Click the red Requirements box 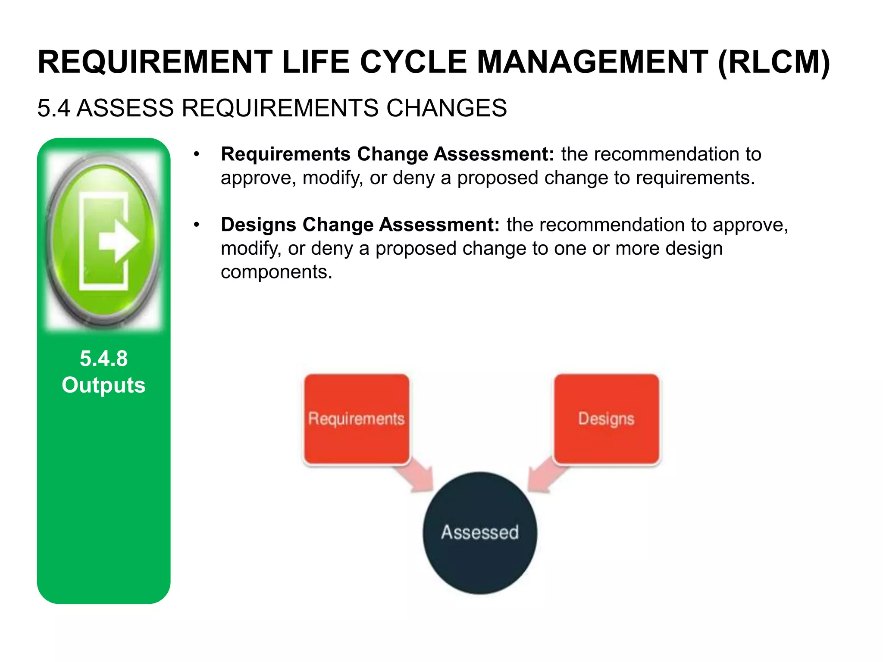point(357,419)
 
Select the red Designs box point(606,419)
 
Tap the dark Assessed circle point(480,533)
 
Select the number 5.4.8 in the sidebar point(103,359)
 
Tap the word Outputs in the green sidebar point(103,385)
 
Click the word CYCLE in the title point(413,62)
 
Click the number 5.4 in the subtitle point(53,108)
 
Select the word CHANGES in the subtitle point(446,108)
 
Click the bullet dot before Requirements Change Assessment point(197,154)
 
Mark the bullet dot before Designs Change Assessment point(197,225)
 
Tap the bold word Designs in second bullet point(258,225)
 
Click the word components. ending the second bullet point(276,272)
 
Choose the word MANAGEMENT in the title point(592,62)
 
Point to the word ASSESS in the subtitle point(125,108)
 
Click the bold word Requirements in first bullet point(285,154)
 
